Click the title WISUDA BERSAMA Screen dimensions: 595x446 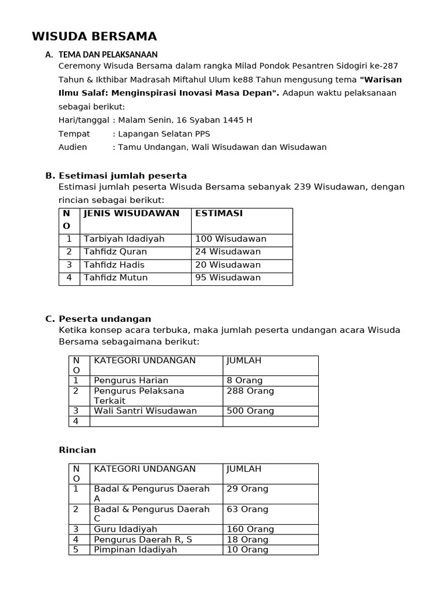pyautogui.click(x=94, y=37)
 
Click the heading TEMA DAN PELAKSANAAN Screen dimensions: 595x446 pyautogui.click(x=108, y=55)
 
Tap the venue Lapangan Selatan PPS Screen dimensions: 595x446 pyautogui.click(x=164, y=134)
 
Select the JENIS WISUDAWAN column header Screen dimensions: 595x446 pyautogui.click(x=131, y=213)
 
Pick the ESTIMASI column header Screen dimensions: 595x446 pyautogui.click(x=219, y=213)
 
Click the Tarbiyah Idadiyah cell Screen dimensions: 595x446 pyautogui.click(x=124, y=239)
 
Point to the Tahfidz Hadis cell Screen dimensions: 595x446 pyautogui.click(x=114, y=264)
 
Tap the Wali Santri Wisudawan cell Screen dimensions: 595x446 pyautogui.click(x=145, y=411)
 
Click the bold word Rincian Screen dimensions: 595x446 pyautogui.click(x=77, y=450)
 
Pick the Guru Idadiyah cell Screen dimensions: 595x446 pyautogui.click(x=125, y=529)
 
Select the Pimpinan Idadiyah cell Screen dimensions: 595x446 pyautogui.click(x=135, y=550)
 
